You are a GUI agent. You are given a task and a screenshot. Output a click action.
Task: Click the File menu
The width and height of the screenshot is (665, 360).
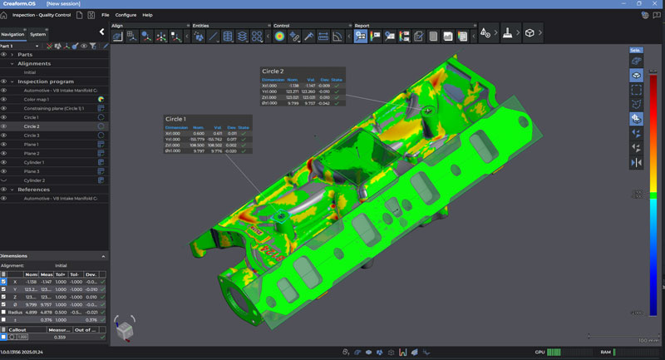coord(105,15)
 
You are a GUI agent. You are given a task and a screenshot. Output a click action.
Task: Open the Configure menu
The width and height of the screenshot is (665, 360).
coord(126,15)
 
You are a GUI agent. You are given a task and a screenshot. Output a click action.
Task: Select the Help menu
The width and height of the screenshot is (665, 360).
coord(147,15)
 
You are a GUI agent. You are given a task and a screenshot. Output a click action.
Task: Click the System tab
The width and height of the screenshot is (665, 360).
coord(38,34)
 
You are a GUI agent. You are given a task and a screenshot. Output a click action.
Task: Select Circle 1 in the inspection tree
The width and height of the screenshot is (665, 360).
coord(31,117)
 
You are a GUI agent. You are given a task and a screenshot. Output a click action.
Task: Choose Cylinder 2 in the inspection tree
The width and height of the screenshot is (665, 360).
coord(34,180)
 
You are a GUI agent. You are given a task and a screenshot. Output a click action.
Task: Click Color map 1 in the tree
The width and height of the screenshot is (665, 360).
coord(36,99)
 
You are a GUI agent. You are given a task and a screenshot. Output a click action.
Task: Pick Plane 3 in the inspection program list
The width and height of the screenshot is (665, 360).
coord(31,171)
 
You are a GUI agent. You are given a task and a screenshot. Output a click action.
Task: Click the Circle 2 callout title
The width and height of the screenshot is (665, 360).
coord(272,72)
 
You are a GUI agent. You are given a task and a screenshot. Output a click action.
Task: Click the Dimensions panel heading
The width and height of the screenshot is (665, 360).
coord(14,256)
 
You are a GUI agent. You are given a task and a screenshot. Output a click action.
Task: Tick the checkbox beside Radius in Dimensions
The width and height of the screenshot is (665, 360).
coord(4,312)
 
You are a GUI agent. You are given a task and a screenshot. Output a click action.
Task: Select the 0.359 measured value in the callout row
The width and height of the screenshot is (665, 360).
coord(59,337)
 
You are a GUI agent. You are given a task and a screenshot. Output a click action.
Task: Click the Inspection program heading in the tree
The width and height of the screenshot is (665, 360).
coord(46,81)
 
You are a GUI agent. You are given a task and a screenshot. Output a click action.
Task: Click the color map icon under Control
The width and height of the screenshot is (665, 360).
coord(279,36)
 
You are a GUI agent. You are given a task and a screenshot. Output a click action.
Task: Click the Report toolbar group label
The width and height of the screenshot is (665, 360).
coord(362,26)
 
